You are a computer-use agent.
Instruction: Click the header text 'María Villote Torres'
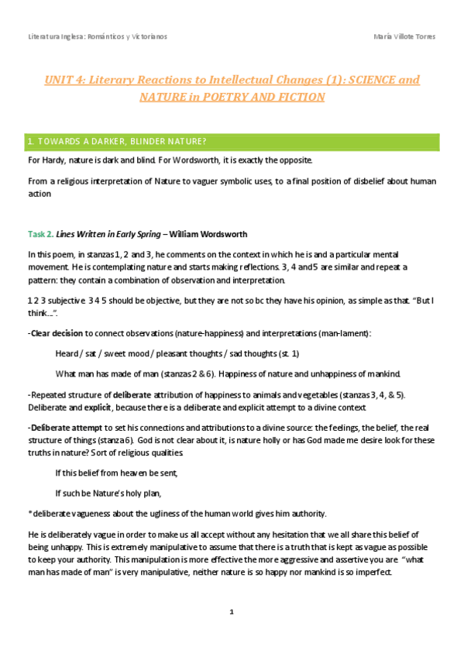pyautogui.click(x=404, y=37)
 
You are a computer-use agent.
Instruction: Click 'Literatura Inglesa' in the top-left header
pyautogui.click(x=55, y=37)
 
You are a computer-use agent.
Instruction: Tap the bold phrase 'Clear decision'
pyautogui.click(x=56, y=333)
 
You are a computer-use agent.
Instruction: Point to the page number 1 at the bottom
pyautogui.click(x=232, y=612)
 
